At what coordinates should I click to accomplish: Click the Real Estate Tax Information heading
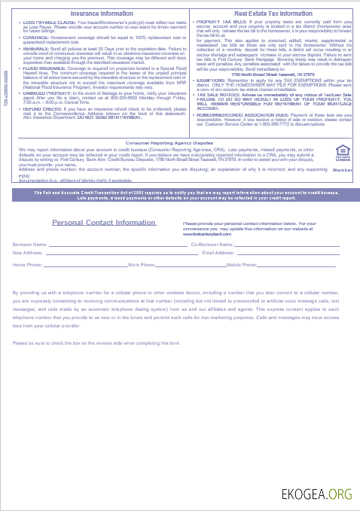click(x=273, y=14)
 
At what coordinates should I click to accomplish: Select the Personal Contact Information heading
click(x=105, y=223)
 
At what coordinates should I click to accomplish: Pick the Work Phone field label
click(x=142, y=265)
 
